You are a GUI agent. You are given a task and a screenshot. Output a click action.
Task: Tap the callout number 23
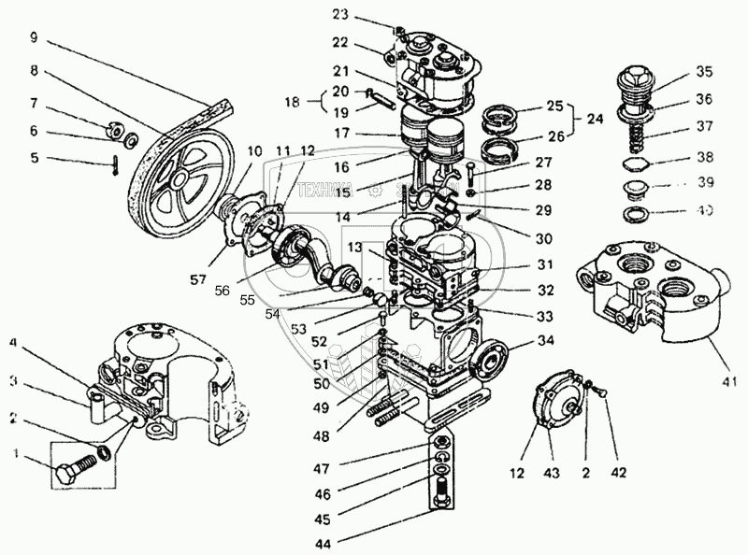pyautogui.click(x=339, y=15)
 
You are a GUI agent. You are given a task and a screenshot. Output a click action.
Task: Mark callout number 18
pyautogui.click(x=294, y=102)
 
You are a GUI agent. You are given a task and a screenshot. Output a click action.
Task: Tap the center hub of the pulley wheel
pyautogui.click(x=177, y=178)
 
